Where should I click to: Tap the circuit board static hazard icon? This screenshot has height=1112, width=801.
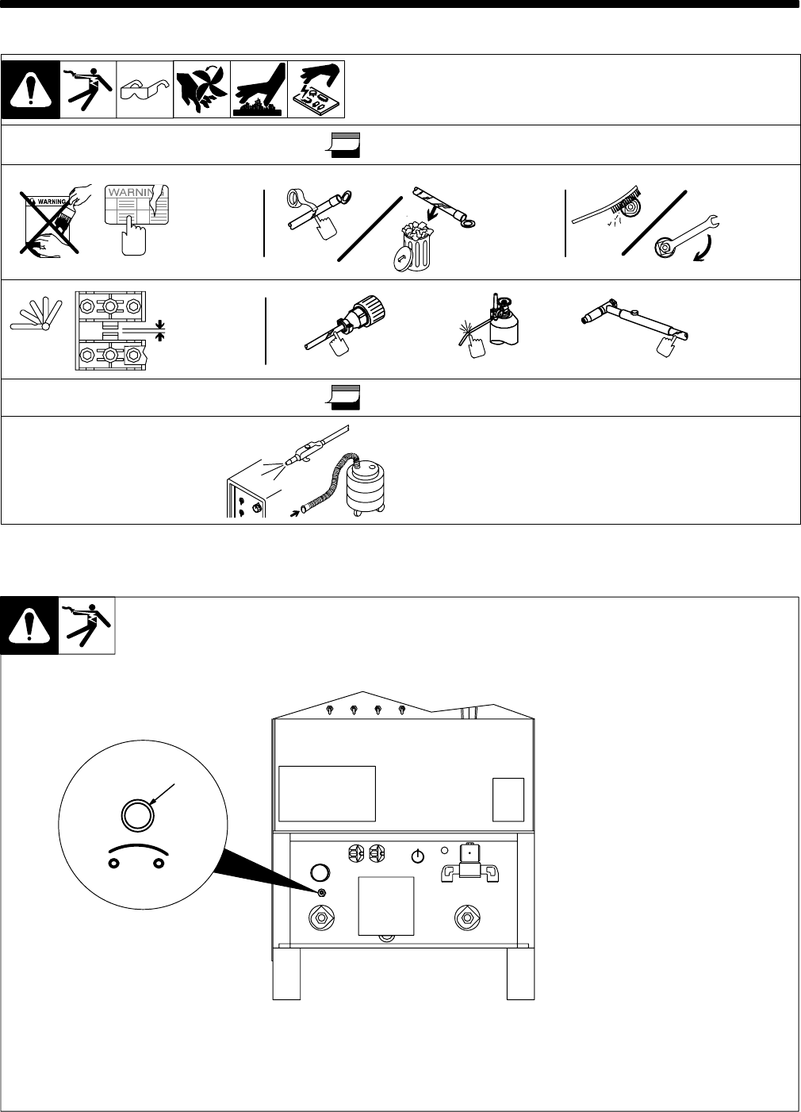pyautogui.click(x=316, y=90)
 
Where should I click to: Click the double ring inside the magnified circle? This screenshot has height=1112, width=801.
pyautogui.click(x=133, y=814)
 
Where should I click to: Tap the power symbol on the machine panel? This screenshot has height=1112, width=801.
pyautogui.click(x=419, y=856)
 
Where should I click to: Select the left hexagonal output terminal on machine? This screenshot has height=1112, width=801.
pyautogui.click(x=324, y=917)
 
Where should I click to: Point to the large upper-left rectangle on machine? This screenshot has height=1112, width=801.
pyautogui.click(x=328, y=793)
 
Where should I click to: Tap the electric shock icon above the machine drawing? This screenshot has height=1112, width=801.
pyautogui.click(x=87, y=625)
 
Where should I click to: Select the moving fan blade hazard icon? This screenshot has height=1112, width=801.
pyautogui.click(x=201, y=90)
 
